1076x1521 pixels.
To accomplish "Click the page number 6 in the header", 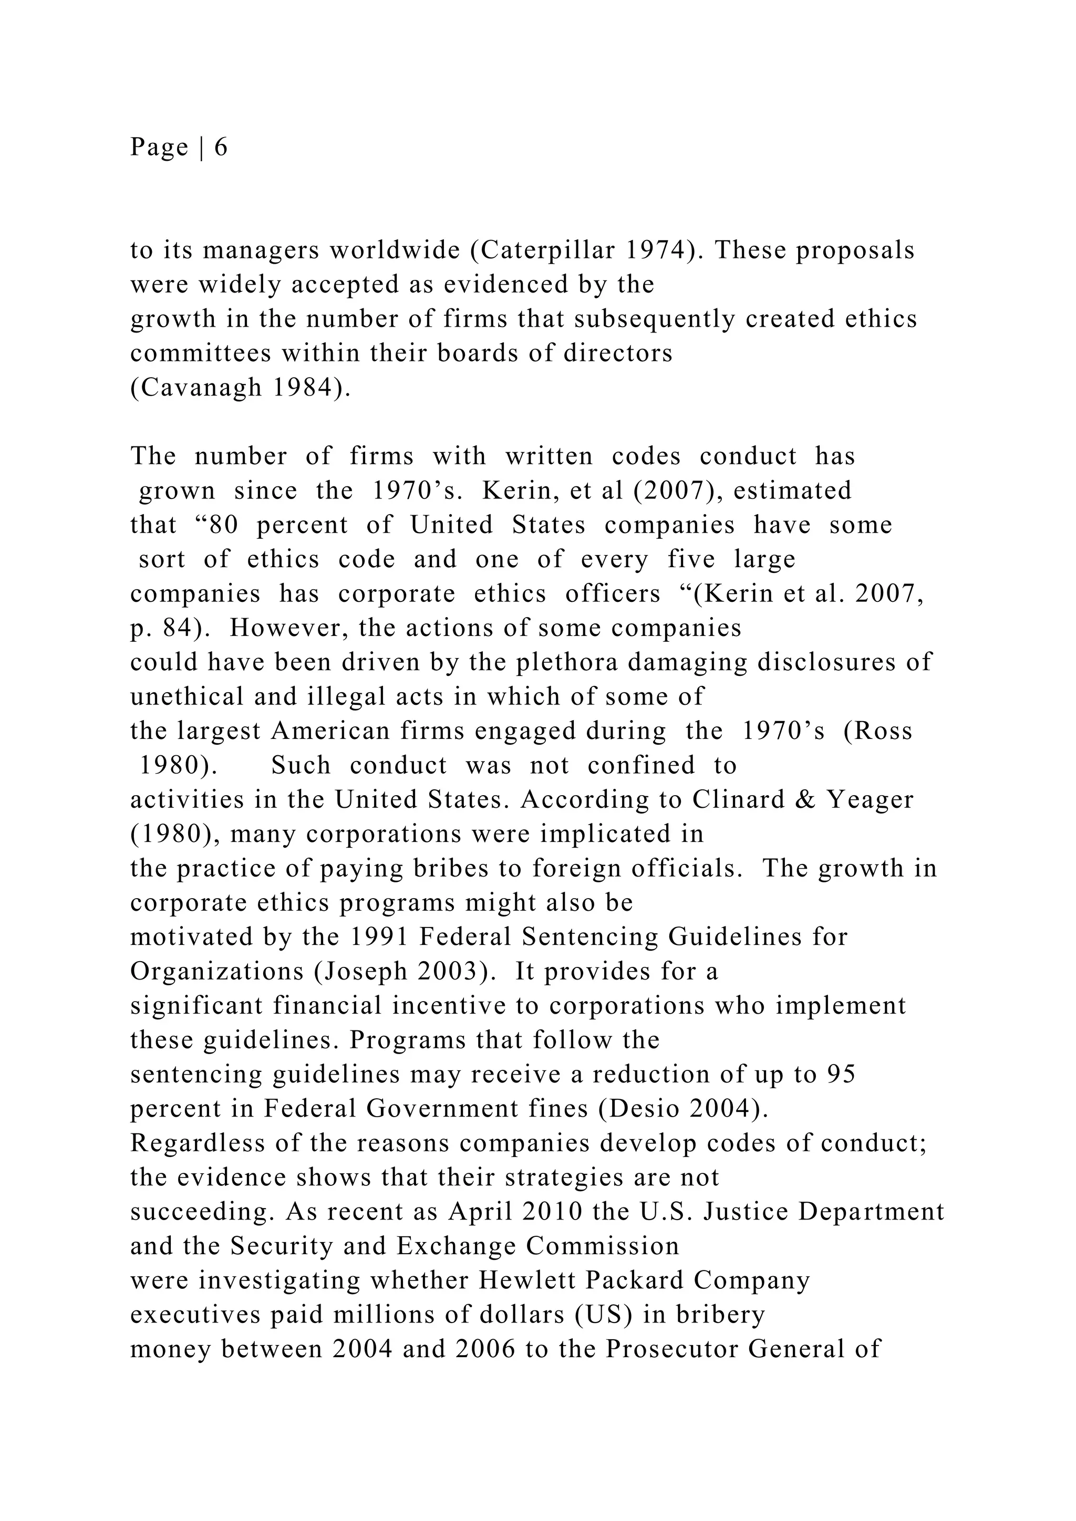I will (221, 147).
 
